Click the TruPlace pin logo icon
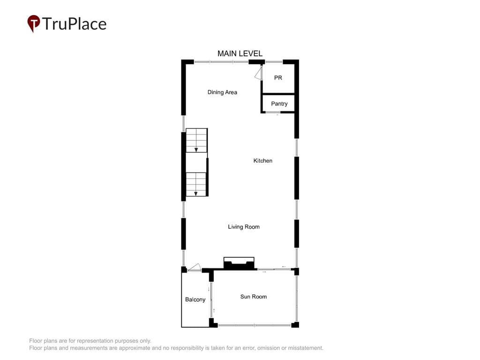34,23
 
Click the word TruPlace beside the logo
74,24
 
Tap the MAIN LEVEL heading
240,53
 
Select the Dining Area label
222,92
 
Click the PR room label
278,78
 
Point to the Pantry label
279,104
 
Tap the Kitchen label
262,161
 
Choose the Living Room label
244,227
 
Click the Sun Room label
254,297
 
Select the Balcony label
195,300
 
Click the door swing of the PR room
259,74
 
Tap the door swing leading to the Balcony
195,267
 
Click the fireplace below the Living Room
239,263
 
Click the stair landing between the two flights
196,163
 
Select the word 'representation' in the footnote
96,341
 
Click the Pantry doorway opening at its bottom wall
273,112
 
